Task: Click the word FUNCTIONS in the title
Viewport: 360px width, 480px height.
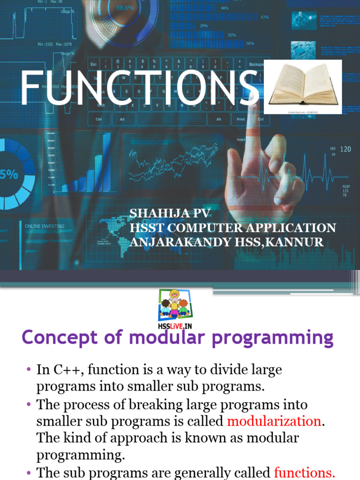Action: coord(139,89)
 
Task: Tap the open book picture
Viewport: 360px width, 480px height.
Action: coord(303,86)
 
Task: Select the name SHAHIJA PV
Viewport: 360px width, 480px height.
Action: coord(170,214)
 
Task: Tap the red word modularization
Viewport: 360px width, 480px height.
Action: coord(274,421)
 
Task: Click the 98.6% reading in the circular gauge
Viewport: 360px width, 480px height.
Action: coord(125,8)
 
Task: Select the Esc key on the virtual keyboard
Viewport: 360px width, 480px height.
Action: coord(94,64)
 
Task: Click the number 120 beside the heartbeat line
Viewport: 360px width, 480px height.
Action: coord(345,149)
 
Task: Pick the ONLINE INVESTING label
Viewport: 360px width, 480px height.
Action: coord(45,226)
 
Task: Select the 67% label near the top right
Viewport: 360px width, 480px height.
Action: coord(265,17)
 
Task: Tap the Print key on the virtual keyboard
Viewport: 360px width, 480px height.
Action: coord(240,119)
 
